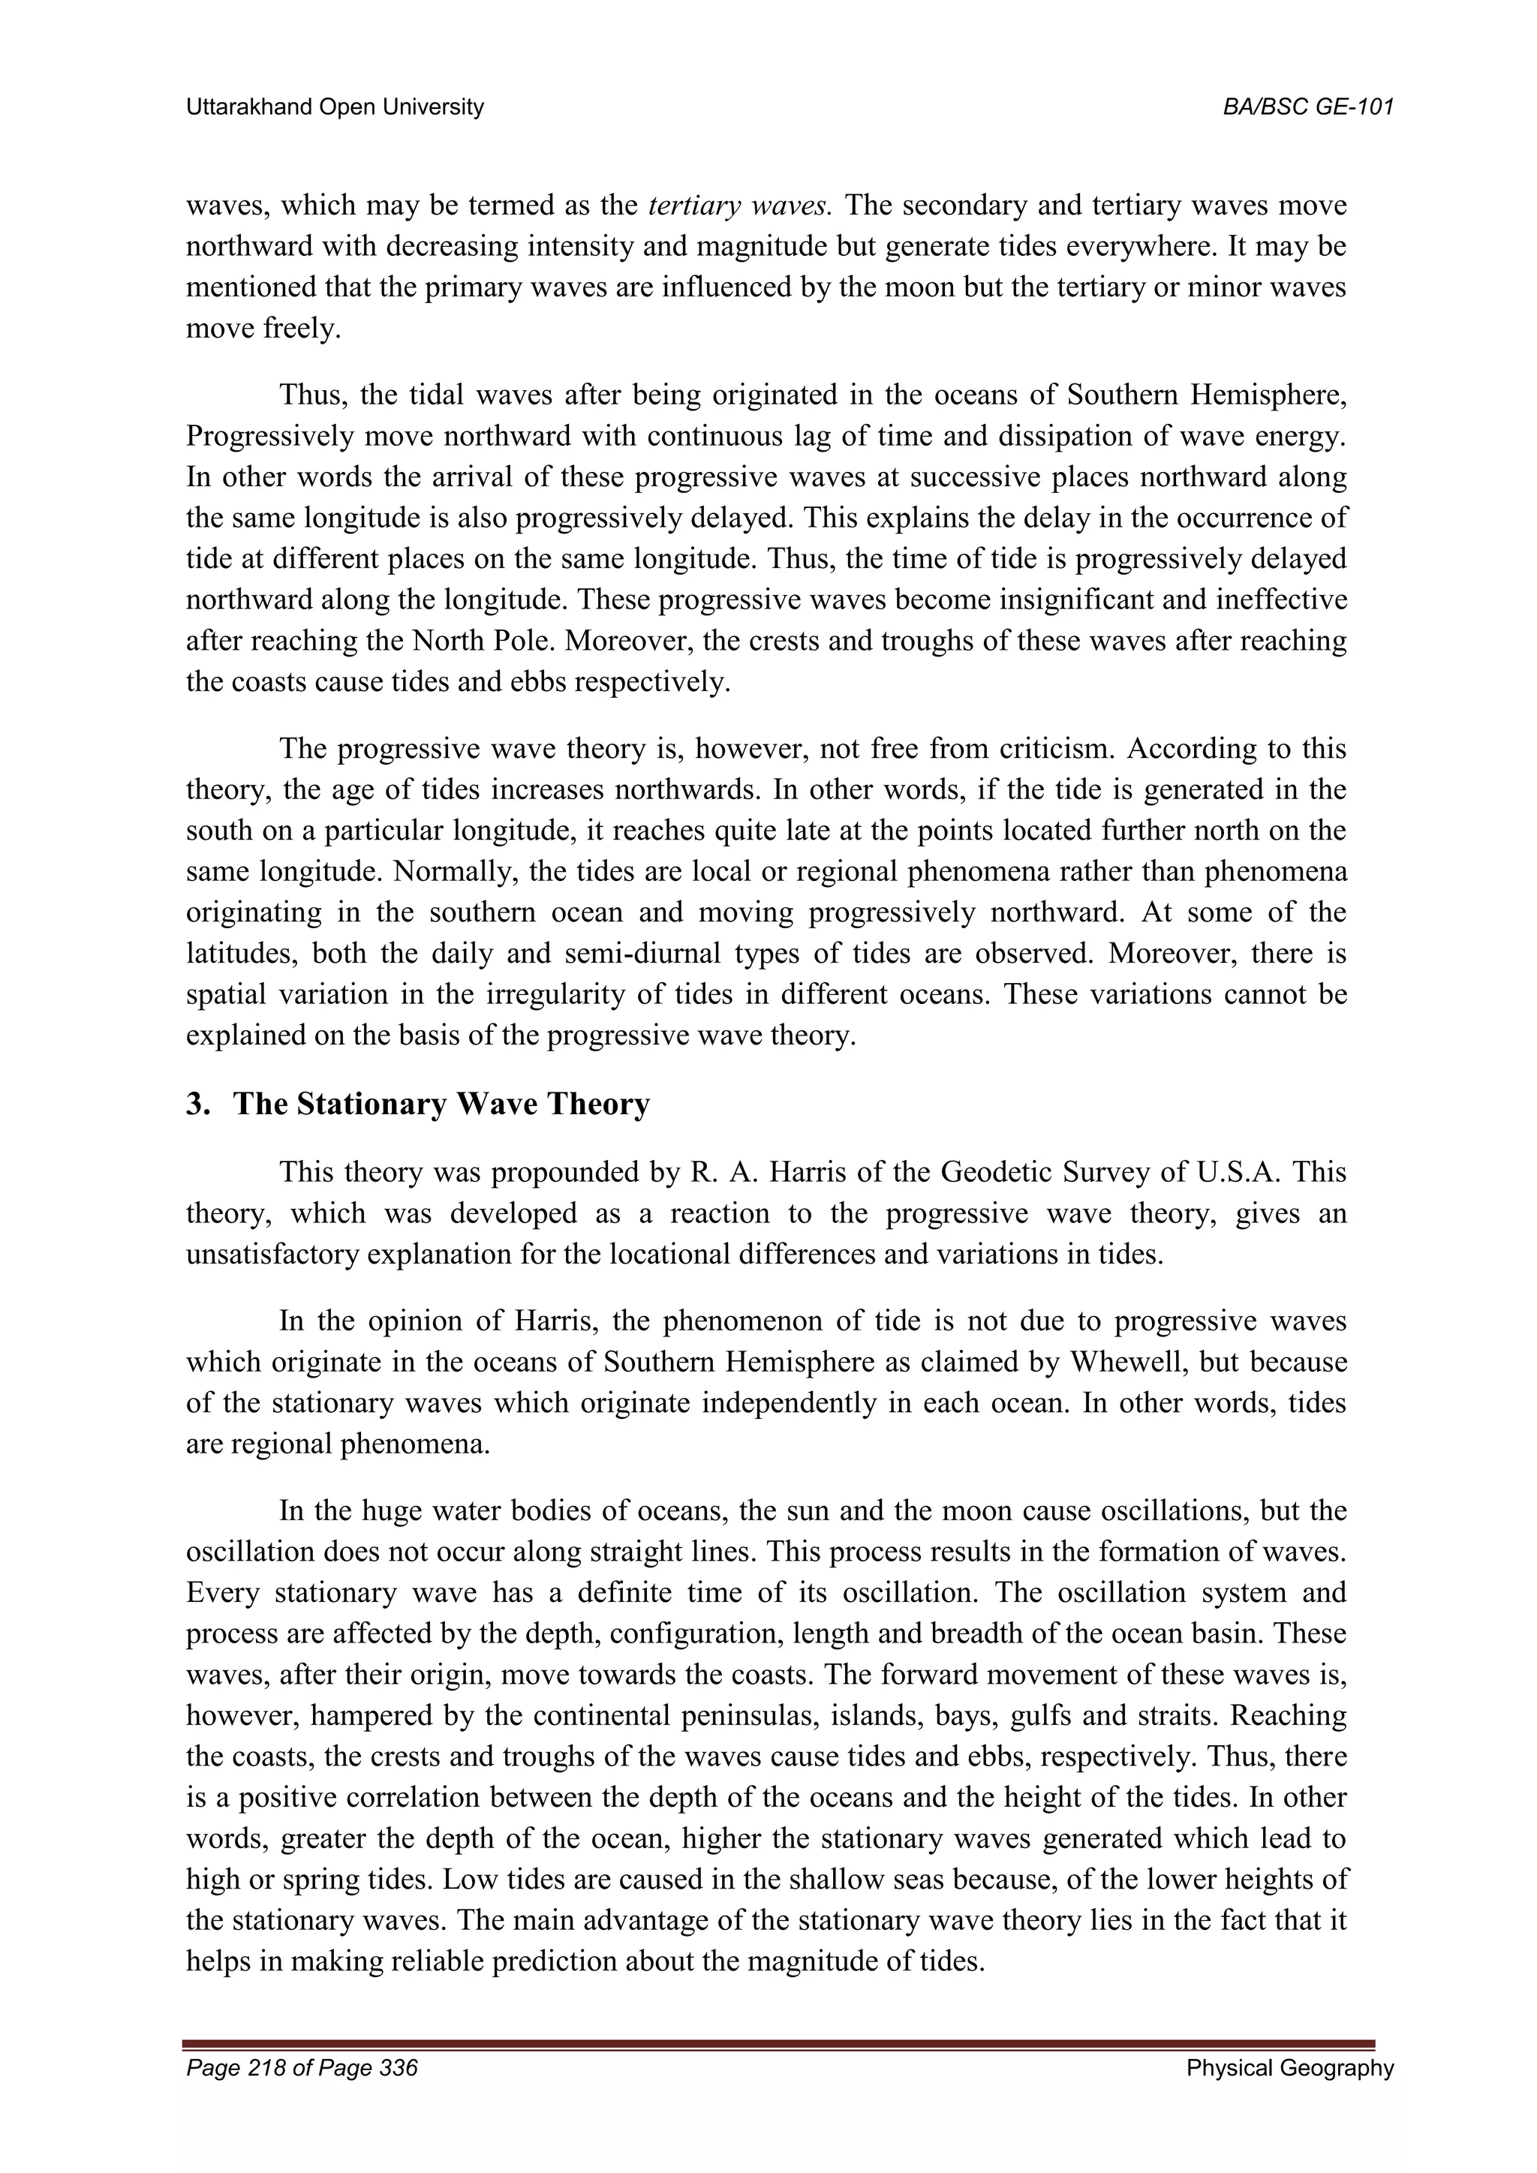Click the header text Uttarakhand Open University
334,107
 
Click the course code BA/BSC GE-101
1308,107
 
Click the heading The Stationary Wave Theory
441,1105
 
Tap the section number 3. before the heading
198,1105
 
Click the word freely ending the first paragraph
302,329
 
